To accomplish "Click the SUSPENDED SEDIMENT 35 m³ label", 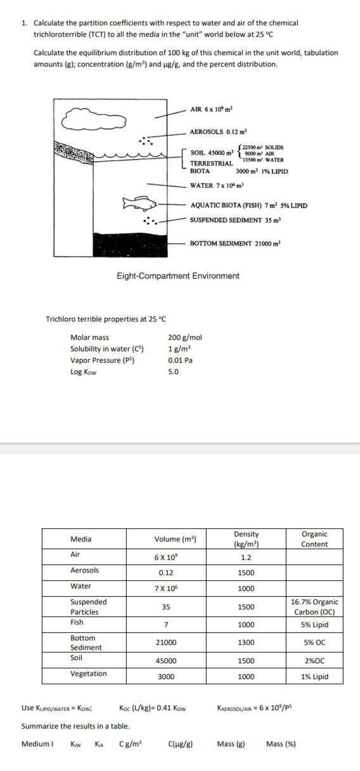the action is point(235,219).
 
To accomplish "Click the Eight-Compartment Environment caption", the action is point(178,276).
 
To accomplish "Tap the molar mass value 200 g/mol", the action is point(185,337).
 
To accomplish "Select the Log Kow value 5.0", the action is point(173,372).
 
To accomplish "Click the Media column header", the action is point(80,539).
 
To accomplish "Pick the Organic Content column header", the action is point(314,539).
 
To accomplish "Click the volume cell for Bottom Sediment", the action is point(166,642).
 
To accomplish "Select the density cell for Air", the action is point(247,558).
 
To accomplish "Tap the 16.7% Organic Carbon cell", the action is point(314,607).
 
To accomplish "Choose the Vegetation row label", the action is point(88,673).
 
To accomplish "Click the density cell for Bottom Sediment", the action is point(247,642).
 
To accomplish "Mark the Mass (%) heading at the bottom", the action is point(281,744).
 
